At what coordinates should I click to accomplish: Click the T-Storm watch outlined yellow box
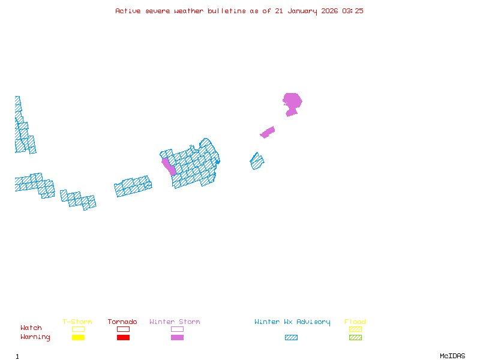point(78,329)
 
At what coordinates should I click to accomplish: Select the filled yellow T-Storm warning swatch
point(78,338)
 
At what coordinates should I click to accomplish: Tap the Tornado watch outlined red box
point(123,329)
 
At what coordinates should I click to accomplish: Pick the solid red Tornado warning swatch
point(123,338)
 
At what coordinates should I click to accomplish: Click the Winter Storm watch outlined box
point(177,329)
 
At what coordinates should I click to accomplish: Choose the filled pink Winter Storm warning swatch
point(177,338)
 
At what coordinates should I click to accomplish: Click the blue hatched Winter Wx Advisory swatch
point(291,338)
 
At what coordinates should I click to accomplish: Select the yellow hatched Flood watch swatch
point(355,329)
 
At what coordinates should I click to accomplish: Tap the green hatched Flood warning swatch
point(355,338)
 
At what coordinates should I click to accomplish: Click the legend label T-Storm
point(77,322)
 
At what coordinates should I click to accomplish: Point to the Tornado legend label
point(122,322)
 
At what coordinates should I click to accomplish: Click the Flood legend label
point(355,322)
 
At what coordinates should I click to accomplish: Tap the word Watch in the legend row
point(31,328)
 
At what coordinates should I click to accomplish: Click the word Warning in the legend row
point(35,337)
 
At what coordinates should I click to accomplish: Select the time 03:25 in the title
point(353,11)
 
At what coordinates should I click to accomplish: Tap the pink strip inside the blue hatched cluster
point(169,165)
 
